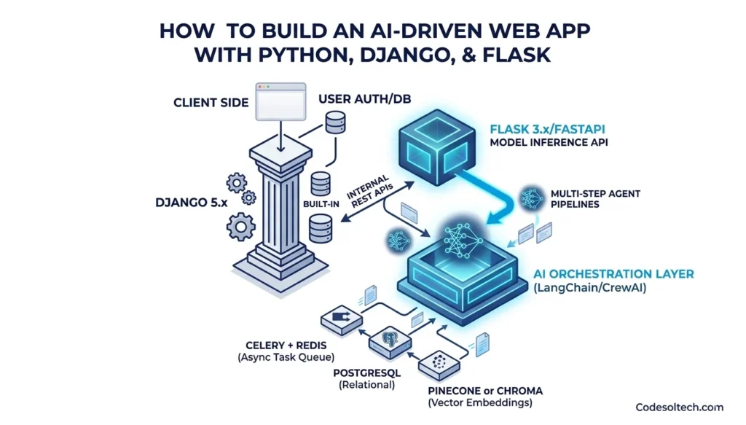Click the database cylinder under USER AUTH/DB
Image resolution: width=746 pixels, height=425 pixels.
tap(335, 123)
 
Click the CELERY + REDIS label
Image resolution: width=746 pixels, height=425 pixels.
tap(280, 345)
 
